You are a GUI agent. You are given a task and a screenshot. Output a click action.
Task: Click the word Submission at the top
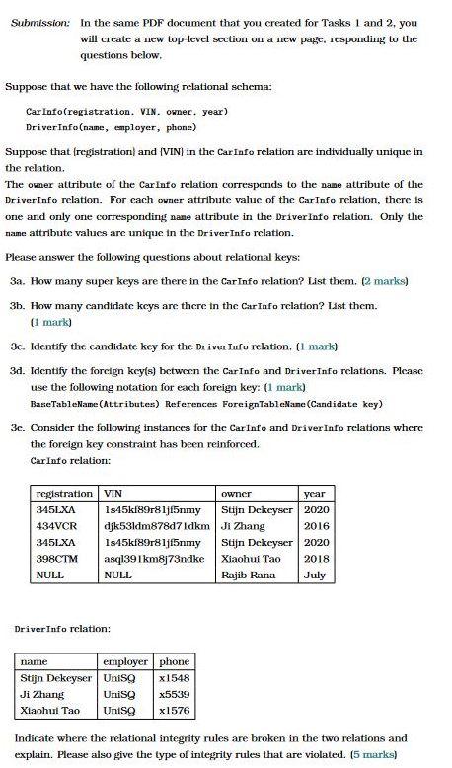[x=41, y=22]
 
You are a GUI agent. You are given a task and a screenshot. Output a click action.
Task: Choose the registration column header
[x=64, y=493]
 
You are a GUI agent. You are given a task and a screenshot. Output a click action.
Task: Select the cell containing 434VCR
[x=57, y=527]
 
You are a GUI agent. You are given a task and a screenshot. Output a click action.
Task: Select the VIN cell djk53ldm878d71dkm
[x=156, y=527]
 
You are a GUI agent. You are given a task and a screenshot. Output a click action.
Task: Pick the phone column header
[x=174, y=662]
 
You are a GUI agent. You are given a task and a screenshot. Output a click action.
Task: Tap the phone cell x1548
[x=174, y=679]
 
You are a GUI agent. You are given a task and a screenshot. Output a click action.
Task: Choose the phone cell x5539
[x=174, y=696]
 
